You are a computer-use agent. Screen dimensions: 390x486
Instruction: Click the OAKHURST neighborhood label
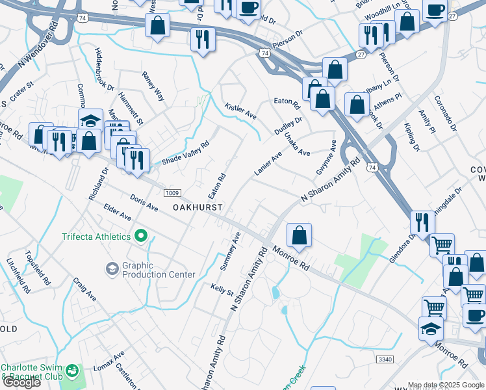[x=198, y=207]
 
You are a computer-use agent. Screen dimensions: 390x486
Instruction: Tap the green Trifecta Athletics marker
[x=140, y=237]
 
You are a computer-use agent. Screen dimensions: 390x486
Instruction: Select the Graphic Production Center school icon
[x=112, y=268]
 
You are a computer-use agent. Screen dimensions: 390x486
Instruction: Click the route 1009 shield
[x=172, y=193]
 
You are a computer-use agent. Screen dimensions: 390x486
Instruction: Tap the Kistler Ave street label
[x=240, y=110]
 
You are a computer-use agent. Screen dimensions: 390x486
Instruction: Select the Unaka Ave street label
[x=298, y=144]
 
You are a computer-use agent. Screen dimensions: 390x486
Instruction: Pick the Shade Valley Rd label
[x=186, y=153]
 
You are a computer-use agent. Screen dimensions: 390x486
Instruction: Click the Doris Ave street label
[x=144, y=202]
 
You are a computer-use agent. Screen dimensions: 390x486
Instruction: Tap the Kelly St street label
[x=222, y=289]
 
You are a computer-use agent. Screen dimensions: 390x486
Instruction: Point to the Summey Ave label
[x=231, y=250]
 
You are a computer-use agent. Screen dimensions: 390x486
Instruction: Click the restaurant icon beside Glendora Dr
[x=422, y=223]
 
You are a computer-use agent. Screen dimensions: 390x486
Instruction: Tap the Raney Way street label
[x=154, y=87]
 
